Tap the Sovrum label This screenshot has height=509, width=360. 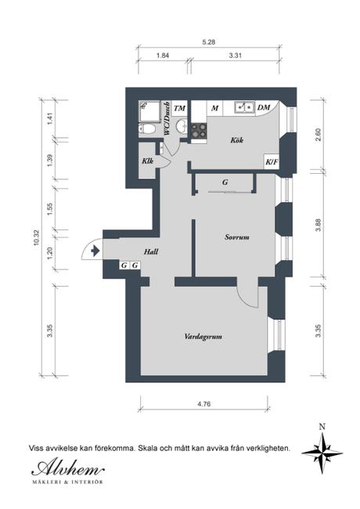click(236, 236)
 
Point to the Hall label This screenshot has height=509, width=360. click(152, 251)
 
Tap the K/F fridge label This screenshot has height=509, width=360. click(272, 162)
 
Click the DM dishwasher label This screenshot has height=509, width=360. click(264, 108)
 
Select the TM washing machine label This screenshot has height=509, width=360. click(179, 108)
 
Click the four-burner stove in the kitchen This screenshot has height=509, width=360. click(199, 131)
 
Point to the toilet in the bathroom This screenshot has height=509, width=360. click(180, 128)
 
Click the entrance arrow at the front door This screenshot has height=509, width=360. click(94, 251)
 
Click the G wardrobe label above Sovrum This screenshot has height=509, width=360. click(225, 182)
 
